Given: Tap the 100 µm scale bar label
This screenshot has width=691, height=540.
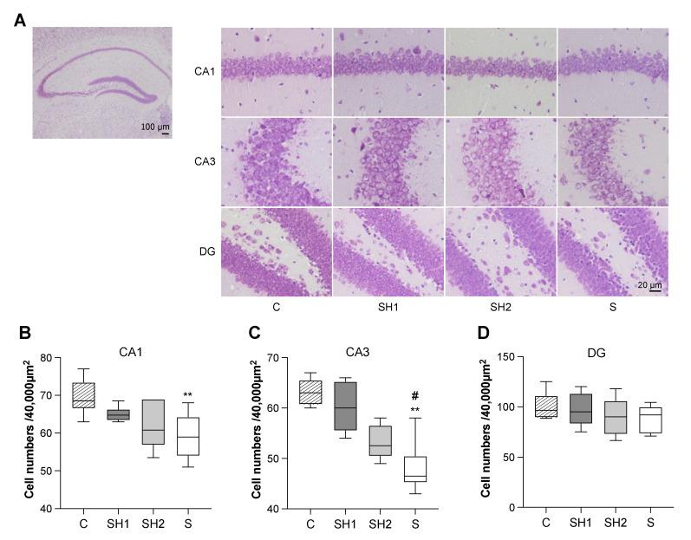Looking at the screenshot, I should tap(155, 127).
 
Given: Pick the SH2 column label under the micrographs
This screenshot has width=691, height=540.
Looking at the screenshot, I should tap(499, 307).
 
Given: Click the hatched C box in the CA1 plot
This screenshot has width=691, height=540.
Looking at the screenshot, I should tap(84, 394).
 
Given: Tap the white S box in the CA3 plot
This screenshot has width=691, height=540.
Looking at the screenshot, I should tap(414, 469).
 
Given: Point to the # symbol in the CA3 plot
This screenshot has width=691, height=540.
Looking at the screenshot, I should tap(414, 394).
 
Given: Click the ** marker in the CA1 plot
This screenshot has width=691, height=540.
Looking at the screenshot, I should tap(187, 395).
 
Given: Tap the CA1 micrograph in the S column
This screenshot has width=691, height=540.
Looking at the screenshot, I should tap(613, 72).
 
